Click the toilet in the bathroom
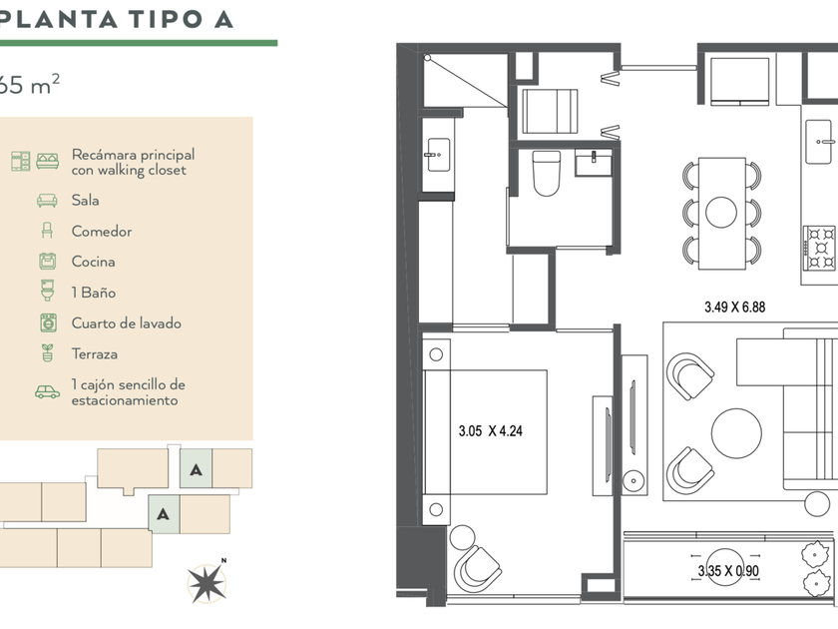(x=547, y=173)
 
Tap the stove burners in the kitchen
(x=820, y=248)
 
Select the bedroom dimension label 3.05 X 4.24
(x=491, y=430)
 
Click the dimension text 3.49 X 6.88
(x=734, y=308)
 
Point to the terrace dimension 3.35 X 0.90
(x=728, y=571)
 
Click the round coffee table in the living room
(x=736, y=433)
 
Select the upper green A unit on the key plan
(x=196, y=468)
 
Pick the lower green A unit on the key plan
(x=164, y=514)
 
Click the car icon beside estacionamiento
(x=48, y=392)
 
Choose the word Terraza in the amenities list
(x=95, y=354)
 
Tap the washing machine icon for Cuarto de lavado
(x=48, y=323)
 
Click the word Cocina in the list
(x=94, y=262)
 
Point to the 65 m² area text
(x=28, y=84)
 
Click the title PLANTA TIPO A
(x=116, y=19)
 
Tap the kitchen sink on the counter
(x=819, y=142)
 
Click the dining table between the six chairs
(x=721, y=214)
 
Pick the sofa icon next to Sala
(x=47, y=201)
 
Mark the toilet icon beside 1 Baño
(x=48, y=290)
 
